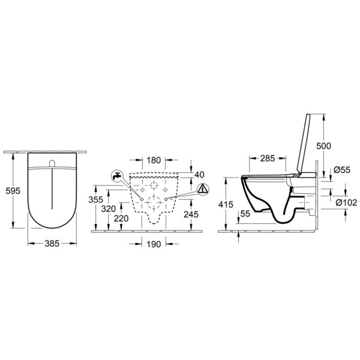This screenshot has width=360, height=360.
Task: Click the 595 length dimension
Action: click(13, 191)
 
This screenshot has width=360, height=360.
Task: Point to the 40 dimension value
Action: click(199, 174)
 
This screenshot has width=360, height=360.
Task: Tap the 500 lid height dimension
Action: click(323, 146)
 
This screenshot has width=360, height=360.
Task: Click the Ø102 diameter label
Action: click(345, 203)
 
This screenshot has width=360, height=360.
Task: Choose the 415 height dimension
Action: click(226, 205)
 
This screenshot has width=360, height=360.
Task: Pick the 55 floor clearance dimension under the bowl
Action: click(245, 214)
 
